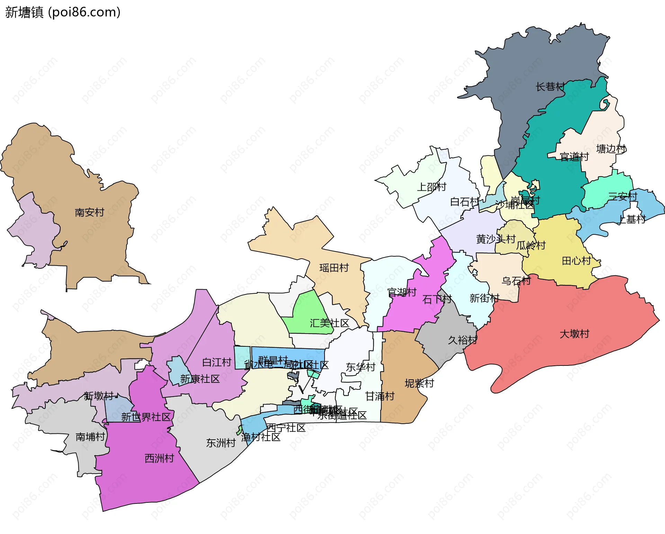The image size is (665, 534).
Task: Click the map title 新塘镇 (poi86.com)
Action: [x=63, y=12]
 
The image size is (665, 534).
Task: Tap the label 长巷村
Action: [x=550, y=87]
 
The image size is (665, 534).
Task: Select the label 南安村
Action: [x=89, y=212]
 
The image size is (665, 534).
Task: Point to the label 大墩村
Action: [x=574, y=334]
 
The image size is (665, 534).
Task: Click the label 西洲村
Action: [x=159, y=458]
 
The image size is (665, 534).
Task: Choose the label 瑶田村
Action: [x=334, y=268]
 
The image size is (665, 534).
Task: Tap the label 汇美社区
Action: [x=329, y=323]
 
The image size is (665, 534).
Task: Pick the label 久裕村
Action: [x=462, y=340]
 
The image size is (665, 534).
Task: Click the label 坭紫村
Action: [x=419, y=383]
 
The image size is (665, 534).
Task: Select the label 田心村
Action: [x=576, y=261]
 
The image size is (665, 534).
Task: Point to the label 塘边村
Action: [x=611, y=149]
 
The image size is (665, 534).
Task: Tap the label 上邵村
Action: [x=431, y=187]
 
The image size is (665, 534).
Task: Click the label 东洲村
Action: [x=221, y=443]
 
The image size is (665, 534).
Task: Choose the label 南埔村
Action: [x=90, y=437]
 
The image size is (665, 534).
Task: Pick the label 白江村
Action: [x=216, y=362]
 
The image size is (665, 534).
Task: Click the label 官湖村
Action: [x=401, y=292]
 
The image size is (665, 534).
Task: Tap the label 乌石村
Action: [x=516, y=281]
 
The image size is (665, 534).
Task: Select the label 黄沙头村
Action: [x=496, y=239]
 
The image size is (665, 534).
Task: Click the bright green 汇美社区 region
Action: [x=307, y=309]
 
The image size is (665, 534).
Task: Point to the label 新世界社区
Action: [x=146, y=417]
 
